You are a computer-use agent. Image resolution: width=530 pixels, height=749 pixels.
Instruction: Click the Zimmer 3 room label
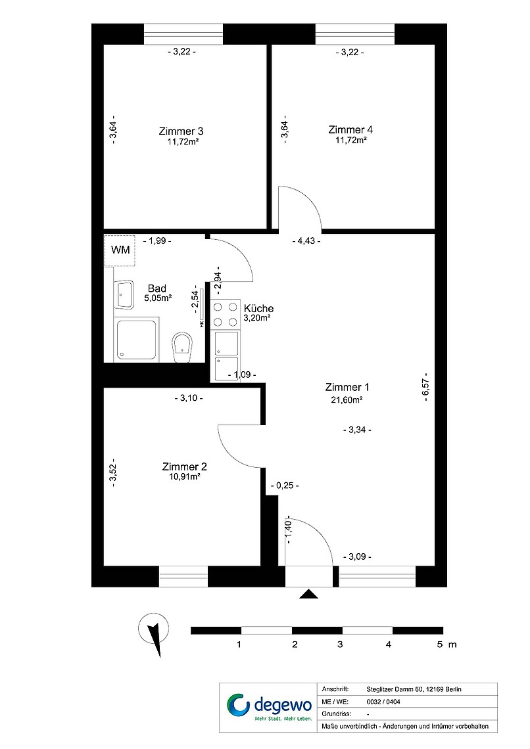coord(181,131)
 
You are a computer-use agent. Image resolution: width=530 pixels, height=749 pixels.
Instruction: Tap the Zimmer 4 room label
coord(350,129)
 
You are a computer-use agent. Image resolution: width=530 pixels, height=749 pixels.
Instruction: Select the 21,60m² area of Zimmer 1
coord(347,400)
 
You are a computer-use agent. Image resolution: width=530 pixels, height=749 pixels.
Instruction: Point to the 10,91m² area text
coord(185,477)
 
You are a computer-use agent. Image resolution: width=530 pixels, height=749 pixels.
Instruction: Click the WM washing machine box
coord(120,250)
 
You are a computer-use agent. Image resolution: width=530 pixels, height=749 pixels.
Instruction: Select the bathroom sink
coord(124,295)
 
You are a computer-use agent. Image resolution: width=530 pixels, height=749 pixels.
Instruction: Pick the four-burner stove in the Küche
coord(226,314)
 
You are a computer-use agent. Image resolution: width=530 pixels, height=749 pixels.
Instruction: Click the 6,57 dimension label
coord(425,388)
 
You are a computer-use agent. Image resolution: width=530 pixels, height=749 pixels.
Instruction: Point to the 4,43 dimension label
coord(306,240)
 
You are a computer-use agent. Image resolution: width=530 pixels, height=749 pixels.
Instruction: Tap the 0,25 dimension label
coord(285,486)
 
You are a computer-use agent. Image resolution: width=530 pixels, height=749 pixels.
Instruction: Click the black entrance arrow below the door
coord(309,594)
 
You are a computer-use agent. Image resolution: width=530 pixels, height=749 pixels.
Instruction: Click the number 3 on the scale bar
coord(340,645)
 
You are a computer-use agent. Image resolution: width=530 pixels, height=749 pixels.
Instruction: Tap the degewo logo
coord(269,707)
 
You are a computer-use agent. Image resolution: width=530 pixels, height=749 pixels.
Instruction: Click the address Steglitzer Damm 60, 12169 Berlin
coord(414,689)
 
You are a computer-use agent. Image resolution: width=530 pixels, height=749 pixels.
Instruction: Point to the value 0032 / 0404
coord(383,702)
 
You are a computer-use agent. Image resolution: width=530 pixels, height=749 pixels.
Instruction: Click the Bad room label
coord(157,288)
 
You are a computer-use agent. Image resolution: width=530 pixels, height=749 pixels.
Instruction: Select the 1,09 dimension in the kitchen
coord(242,375)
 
